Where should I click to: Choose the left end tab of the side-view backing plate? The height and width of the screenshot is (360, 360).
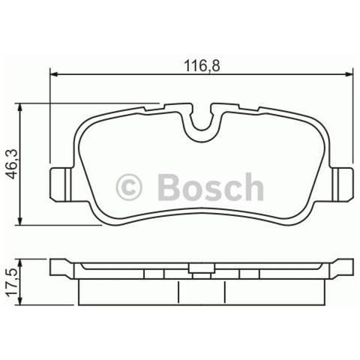61,268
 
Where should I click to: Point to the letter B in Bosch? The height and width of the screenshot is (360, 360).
169,187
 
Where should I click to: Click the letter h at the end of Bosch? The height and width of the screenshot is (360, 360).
253,187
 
